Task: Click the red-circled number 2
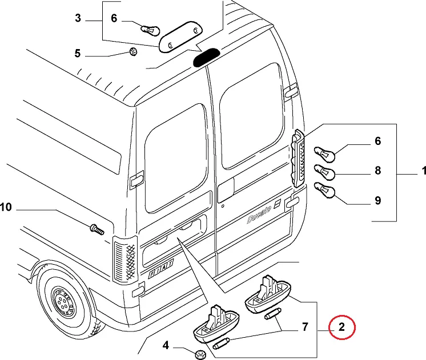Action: [x=341, y=327]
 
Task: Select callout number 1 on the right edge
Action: [x=424, y=171]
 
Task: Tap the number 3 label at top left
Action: [x=78, y=19]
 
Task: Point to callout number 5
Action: [x=78, y=54]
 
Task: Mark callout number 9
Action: [x=377, y=200]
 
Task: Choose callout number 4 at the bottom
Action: [x=166, y=345]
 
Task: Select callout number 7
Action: [x=304, y=327]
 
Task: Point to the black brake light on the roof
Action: [x=206, y=57]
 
